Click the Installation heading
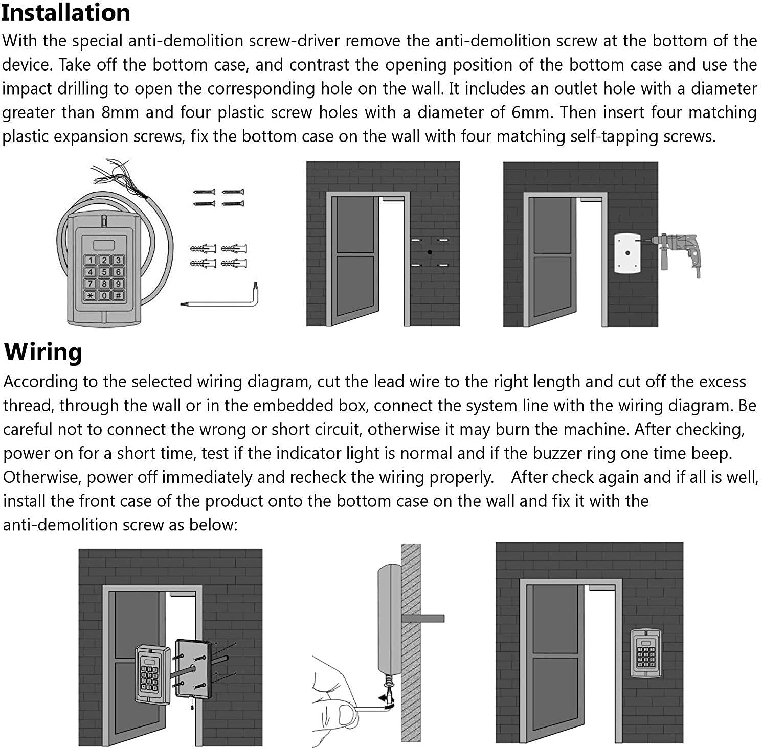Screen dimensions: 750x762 tap(65, 12)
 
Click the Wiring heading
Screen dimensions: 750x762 tap(43, 352)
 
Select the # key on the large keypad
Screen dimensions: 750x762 tap(118, 295)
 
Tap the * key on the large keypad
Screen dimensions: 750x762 tap(91, 295)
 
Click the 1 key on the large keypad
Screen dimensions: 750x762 tap(91, 261)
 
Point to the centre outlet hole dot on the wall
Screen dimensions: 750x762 tap(430, 252)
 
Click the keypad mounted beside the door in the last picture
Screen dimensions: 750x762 tap(647, 653)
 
